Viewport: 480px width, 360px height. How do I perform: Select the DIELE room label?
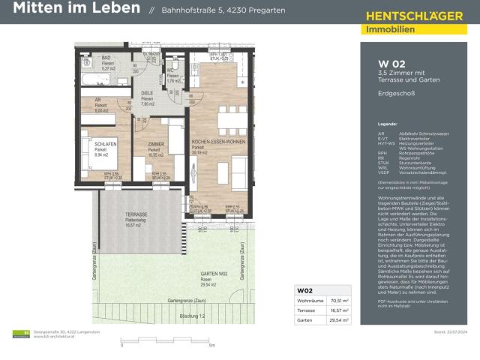(148, 94)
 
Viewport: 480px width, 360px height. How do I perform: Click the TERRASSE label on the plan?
(136, 214)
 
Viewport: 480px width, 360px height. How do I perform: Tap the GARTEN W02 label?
(214, 274)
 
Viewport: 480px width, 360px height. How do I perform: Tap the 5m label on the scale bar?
(211, 346)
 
